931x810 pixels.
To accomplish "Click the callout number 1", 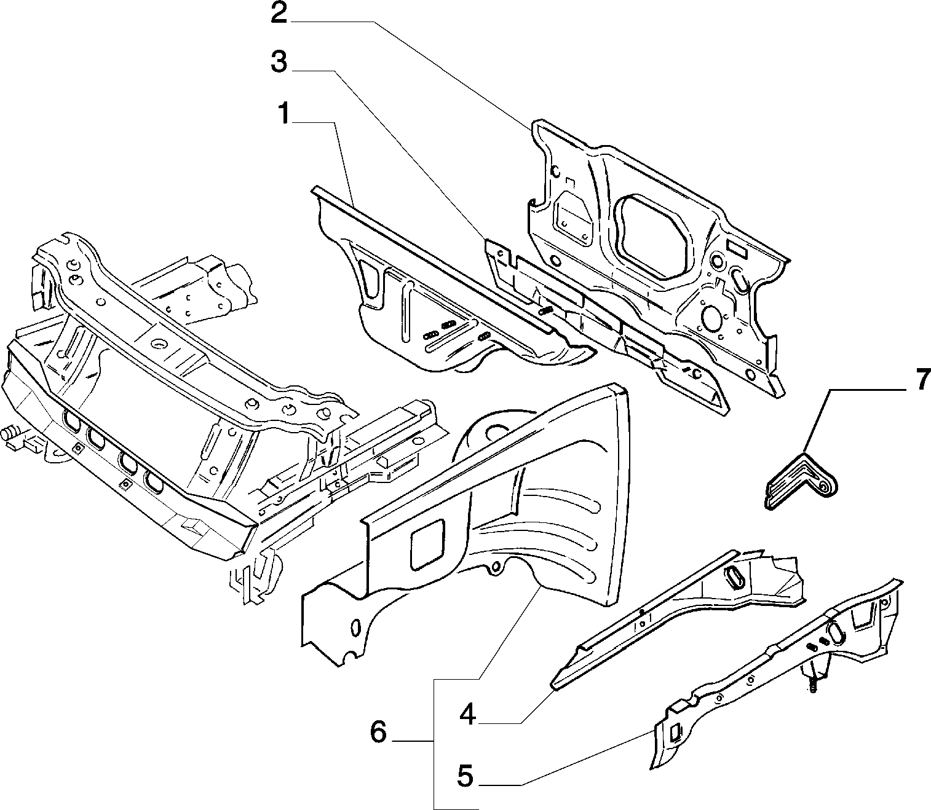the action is coord(284,114).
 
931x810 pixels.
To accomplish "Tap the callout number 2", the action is coord(279,14).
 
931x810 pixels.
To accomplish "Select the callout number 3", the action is coord(279,62).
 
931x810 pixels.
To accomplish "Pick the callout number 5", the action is coord(465,776).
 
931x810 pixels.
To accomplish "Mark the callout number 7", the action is coord(920,380).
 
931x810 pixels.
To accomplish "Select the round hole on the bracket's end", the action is coord(824,487).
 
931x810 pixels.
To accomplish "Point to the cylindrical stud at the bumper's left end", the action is coord(10,433).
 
